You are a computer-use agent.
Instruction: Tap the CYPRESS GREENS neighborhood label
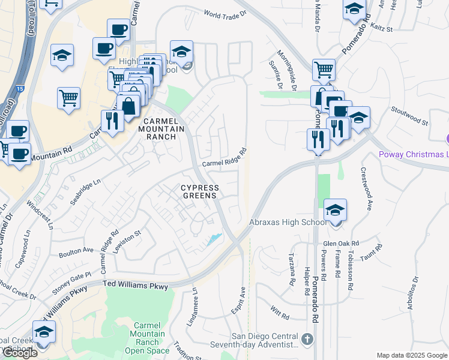pos(200,191)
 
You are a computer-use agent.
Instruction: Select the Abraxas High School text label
pos(288,222)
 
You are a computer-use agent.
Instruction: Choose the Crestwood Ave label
pos(366,188)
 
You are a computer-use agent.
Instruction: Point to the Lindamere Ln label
pos(194,304)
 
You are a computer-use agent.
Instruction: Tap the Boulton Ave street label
pos(76,250)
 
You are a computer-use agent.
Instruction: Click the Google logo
pos(20,353)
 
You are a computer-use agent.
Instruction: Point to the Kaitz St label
pos(381,28)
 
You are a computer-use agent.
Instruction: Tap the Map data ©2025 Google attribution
pos(412,355)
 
